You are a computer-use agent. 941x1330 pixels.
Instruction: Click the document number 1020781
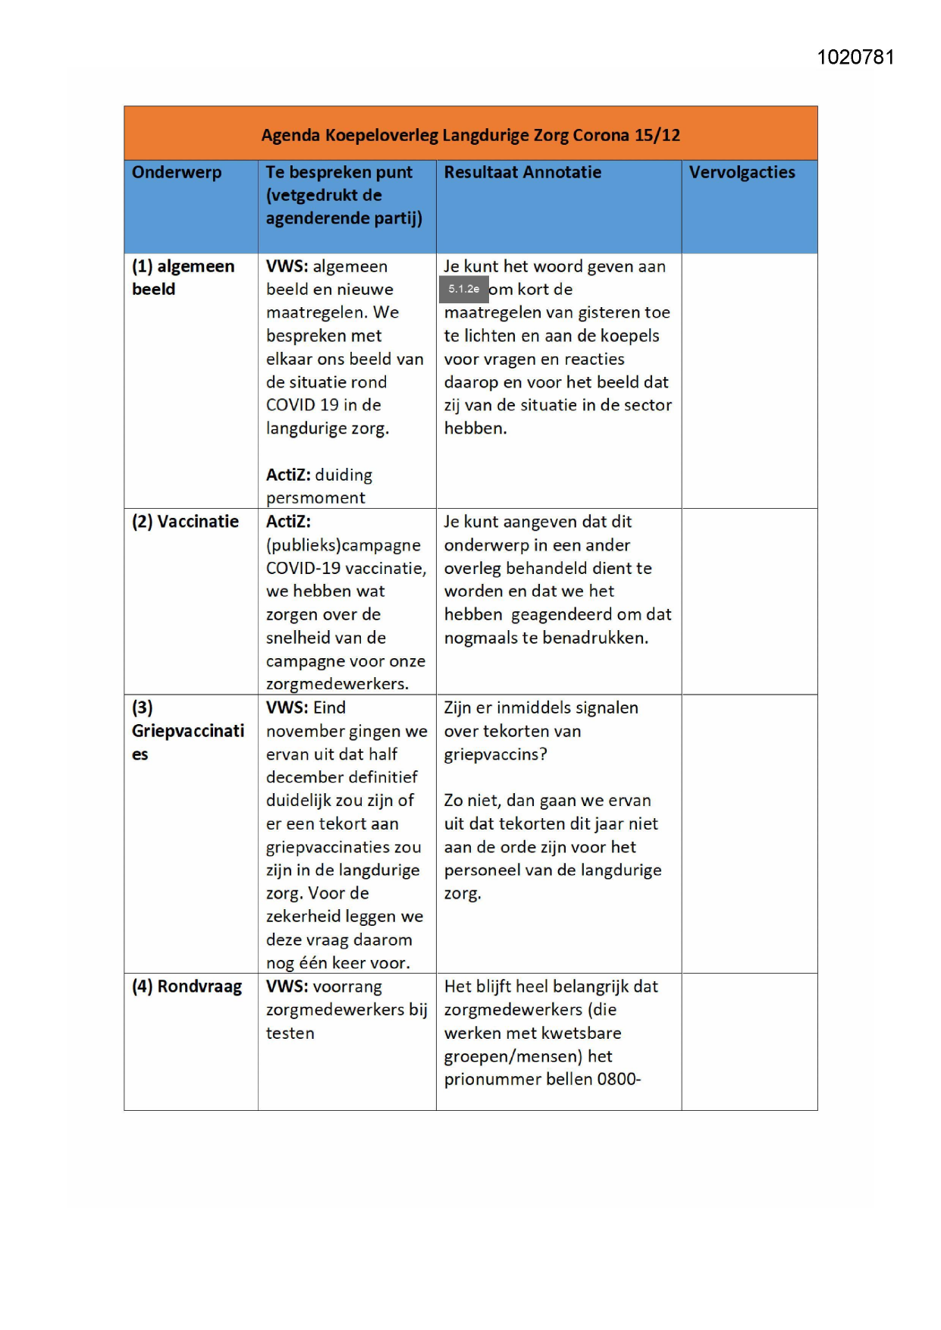(x=855, y=58)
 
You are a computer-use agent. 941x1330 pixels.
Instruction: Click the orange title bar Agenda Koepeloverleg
(x=470, y=135)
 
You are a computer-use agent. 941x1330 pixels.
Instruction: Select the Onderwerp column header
(x=177, y=172)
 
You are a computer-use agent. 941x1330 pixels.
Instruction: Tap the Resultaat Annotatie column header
(x=522, y=172)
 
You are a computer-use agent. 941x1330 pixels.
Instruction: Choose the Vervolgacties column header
(x=742, y=172)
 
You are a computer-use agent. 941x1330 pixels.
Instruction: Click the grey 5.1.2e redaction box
(x=464, y=289)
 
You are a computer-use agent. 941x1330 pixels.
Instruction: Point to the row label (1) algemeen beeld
(x=183, y=278)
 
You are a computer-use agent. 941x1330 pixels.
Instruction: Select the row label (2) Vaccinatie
(x=185, y=522)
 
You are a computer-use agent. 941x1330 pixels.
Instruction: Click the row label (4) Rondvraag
(x=187, y=987)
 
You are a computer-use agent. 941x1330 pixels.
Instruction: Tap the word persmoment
(x=315, y=498)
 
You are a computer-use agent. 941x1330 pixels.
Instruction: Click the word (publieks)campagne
(x=343, y=545)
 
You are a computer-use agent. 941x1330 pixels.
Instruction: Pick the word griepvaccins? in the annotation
(x=495, y=754)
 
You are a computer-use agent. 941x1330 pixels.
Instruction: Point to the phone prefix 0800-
(x=619, y=1079)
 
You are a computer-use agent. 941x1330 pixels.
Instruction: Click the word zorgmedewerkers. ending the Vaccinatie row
(x=337, y=684)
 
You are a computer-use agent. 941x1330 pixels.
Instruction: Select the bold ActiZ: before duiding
(x=288, y=475)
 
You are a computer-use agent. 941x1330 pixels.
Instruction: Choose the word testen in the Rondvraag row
(x=290, y=1034)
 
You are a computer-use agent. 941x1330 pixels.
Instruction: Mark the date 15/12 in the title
(x=657, y=135)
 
